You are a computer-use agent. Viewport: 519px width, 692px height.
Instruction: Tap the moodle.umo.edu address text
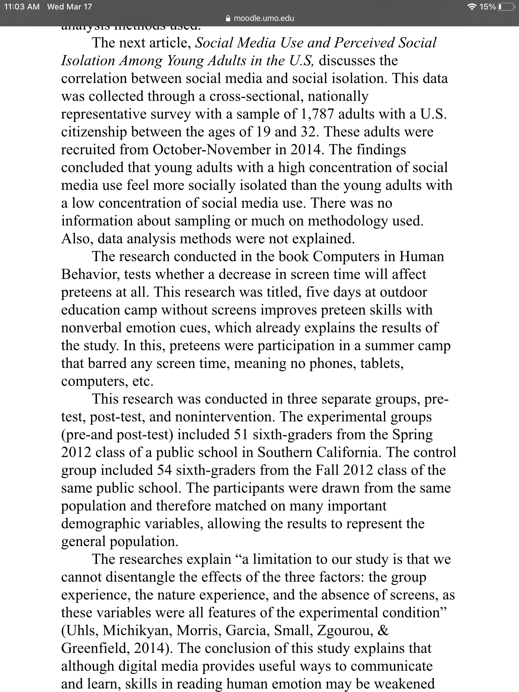pyautogui.click(x=264, y=18)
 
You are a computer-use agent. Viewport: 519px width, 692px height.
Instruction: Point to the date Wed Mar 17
pyautogui.click(x=70, y=7)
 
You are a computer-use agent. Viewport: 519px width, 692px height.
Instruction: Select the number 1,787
pyautogui.click(x=317, y=114)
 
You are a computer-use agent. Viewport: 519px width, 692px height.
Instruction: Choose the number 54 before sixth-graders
pyautogui.click(x=165, y=470)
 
